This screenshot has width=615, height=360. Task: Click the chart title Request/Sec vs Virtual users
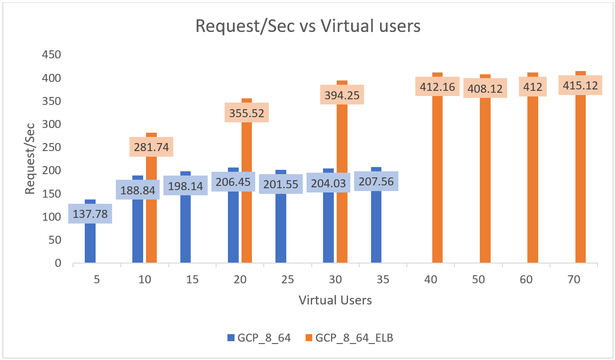click(x=307, y=27)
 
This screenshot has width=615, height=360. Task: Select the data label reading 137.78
click(x=90, y=214)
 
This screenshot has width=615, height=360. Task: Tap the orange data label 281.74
click(x=152, y=147)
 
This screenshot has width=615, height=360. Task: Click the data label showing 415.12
click(x=580, y=85)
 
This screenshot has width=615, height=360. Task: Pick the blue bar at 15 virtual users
click(x=186, y=226)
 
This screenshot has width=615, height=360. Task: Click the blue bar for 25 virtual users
click(x=281, y=226)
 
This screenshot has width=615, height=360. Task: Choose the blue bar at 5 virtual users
click(x=90, y=242)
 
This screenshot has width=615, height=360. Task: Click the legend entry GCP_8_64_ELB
click(x=348, y=337)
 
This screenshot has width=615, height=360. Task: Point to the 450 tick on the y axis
click(x=52, y=55)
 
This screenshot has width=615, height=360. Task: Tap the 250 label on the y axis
click(x=52, y=147)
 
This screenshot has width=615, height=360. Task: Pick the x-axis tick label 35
click(x=383, y=280)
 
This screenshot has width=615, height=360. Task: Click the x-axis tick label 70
click(x=574, y=280)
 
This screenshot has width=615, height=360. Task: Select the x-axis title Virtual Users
click(x=335, y=300)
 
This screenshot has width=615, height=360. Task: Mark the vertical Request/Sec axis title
click(x=30, y=159)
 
